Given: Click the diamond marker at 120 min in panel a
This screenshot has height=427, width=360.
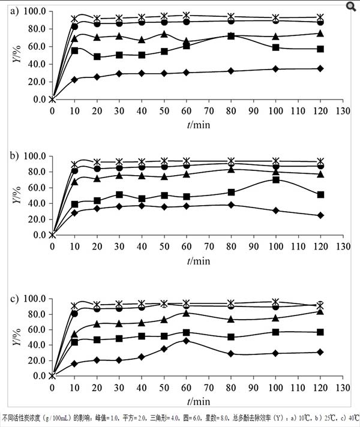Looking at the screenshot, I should tap(320, 68).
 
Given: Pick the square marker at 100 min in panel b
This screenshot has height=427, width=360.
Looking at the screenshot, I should tap(276, 179).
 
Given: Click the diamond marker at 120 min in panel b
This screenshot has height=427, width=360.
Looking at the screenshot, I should tap(320, 215).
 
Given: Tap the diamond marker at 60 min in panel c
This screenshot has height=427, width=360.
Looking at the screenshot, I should tap(187, 341).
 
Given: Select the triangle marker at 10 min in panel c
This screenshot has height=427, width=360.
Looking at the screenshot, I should tap(75, 333).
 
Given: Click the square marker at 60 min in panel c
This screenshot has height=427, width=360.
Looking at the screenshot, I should tap(187, 332).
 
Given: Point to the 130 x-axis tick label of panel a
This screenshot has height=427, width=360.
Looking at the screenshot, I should tap(343, 111).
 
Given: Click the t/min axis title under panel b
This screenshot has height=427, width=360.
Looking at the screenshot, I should tap(197, 260).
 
